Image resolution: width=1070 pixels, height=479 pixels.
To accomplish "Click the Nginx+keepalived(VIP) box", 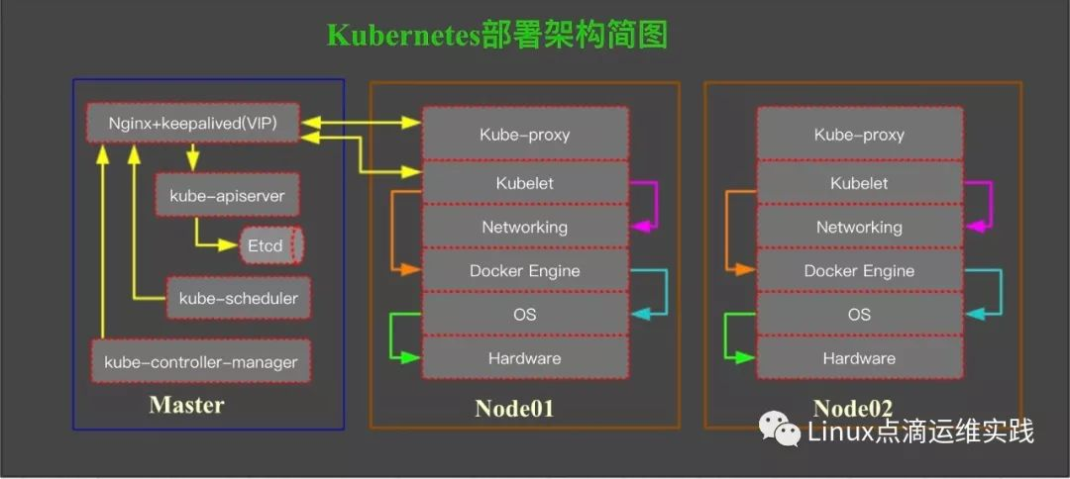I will (x=193, y=124).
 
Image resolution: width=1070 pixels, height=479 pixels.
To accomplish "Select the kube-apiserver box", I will (x=227, y=196).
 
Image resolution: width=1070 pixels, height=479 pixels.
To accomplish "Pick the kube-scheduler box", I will (x=238, y=298).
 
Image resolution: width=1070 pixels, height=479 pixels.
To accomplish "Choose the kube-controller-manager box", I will (x=201, y=361).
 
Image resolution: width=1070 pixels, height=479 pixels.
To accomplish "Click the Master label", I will (x=186, y=405).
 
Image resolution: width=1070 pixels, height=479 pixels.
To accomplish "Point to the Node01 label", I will (x=514, y=408).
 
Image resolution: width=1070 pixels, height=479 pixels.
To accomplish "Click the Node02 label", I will (x=853, y=408).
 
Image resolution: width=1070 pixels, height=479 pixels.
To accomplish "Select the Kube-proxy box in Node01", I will (x=525, y=135).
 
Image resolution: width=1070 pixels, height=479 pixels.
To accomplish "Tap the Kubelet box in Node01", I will (x=525, y=183).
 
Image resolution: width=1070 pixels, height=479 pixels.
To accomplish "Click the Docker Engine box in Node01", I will (x=525, y=270).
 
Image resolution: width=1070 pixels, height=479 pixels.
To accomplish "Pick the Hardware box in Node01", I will (x=525, y=358).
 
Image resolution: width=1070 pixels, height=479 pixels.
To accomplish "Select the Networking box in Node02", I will (x=859, y=227).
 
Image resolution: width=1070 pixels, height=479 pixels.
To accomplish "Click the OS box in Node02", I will (x=859, y=314).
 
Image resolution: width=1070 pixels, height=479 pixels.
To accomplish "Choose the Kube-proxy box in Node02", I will (x=859, y=135).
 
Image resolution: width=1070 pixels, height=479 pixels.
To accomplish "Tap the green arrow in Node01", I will (x=393, y=336).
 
